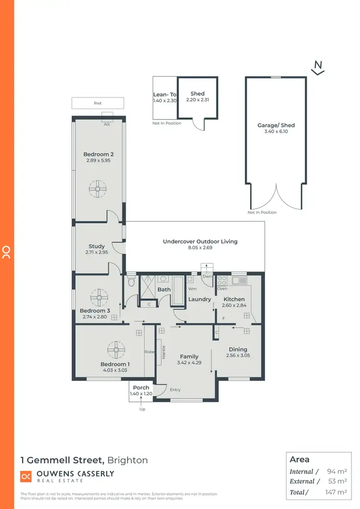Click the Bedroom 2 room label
98,154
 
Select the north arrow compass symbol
317,68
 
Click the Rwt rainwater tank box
98,103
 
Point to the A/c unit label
107,124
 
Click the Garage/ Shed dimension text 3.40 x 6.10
276,131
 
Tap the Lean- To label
165,95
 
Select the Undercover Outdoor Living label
200,241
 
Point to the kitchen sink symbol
239,280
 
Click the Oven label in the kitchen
222,289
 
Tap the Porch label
141,388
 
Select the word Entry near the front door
176,390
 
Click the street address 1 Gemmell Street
62,460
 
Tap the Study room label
96,246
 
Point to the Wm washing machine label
192,289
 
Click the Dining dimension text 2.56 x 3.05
238,355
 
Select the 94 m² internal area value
336,472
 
